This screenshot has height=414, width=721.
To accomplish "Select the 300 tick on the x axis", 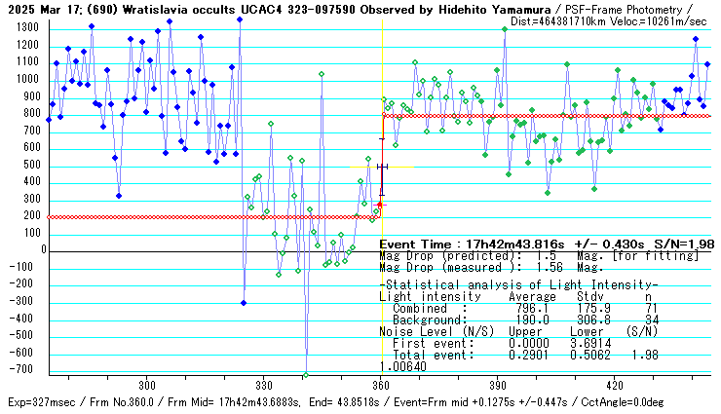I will [147, 386].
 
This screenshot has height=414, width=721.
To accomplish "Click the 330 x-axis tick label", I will [264, 386].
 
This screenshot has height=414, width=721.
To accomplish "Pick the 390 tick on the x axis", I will [498, 386].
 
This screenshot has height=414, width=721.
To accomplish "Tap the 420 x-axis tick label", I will [615, 386].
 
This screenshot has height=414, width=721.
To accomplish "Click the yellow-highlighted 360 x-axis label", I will [381, 386].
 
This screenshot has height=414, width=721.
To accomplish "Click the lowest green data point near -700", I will [306, 374].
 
